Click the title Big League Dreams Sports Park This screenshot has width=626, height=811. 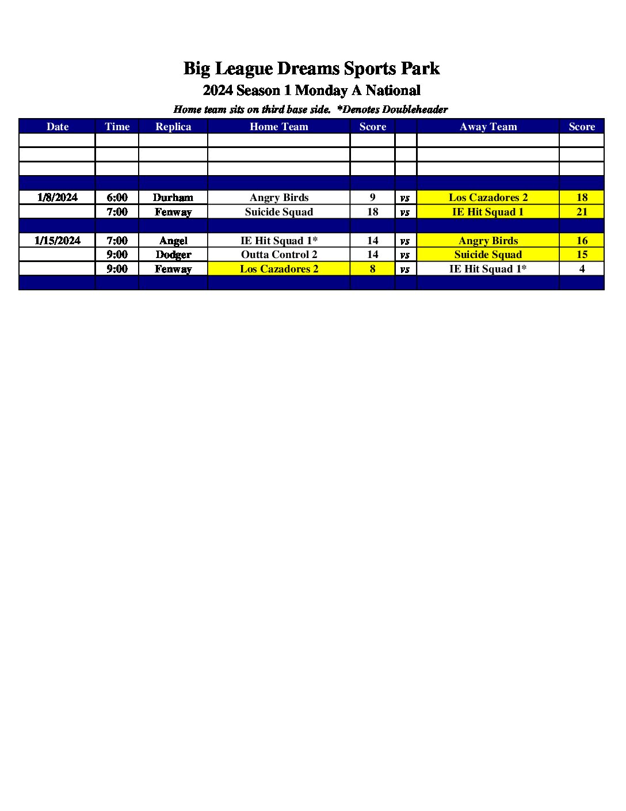pyautogui.click(x=311, y=69)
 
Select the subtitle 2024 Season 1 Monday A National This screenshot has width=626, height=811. pyautogui.click(x=311, y=90)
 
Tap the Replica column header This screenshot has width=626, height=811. pyautogui.click(x=173, y=127)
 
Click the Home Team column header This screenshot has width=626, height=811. pyautogui.click(x=278, y=127)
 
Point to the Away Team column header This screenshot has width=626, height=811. pyautogui.click(x=488, y=127)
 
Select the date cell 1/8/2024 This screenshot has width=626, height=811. pyautogui.click(x=57, y=198)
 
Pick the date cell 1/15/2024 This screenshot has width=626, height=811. pyautogui.click(x=57, y=241)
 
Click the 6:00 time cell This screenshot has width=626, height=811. pyautogui.click(x=117, y=198)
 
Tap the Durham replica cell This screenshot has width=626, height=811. pyautogui.click(x=173, y=198)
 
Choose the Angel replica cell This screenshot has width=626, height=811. pyautogui.click(x=173, y=241)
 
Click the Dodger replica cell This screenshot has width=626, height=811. pyautogui.click(x=173, y=255)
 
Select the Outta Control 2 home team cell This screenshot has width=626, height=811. pyautogui.click(x=278, y=255)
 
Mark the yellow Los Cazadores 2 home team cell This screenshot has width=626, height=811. pyautogui.click(x=278, y=269)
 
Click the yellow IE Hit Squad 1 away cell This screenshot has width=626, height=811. pyautogui.click(x=488, y=212)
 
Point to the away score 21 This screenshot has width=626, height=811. pyautogui.click(x=582, y=212)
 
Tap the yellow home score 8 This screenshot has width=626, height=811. pyautogui.click(x=372, y=269)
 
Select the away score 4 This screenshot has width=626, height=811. pyautogui.click(x=582, y=269)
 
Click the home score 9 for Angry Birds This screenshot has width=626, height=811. pyautogui.click(x=372, y=198)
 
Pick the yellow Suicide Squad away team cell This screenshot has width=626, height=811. pyautogui.click(x=488, y=255)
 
